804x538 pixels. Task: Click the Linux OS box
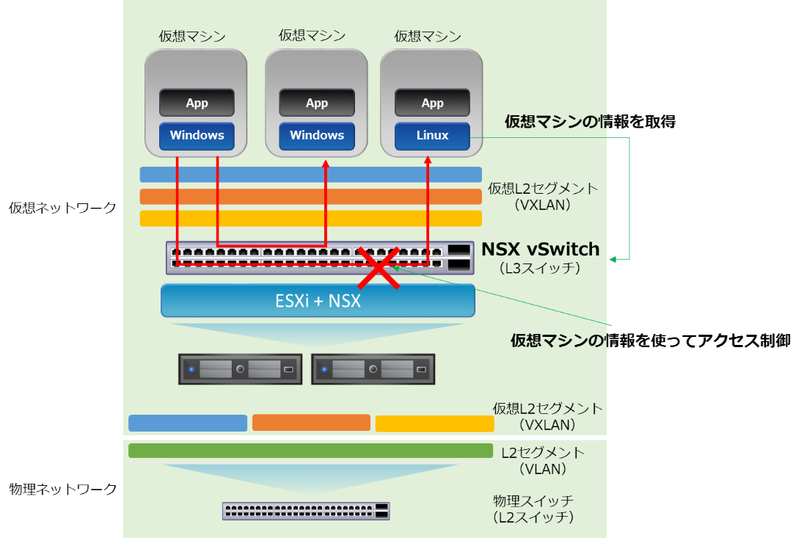[x=432, y=136]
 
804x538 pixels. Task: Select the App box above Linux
[x=432, y=103]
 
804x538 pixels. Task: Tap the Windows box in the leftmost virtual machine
[x=197, y=136]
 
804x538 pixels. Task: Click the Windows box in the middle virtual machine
[x=317, y=136]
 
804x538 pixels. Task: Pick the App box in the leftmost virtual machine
[x=197, y=103]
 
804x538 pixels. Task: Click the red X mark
[x=378, y=267]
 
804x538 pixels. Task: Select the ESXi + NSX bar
[x=318, y=300]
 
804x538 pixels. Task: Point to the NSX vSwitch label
[x=540, y=250]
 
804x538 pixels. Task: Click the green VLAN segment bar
[x=310, y=451]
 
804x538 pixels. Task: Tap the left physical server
[x=240, y=369]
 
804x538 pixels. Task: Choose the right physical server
[x=373, y=369]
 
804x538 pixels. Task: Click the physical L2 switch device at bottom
[x=306, y=511]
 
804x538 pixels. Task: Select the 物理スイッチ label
[x=533, y=501]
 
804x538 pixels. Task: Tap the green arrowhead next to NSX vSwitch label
[x=613, y=258]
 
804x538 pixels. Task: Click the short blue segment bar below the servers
[x=188, y=424]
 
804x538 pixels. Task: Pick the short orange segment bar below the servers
[x=311, y=423]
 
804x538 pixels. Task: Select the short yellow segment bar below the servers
[x=434, y=424]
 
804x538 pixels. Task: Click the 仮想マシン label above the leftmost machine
[x=192, y=36]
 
